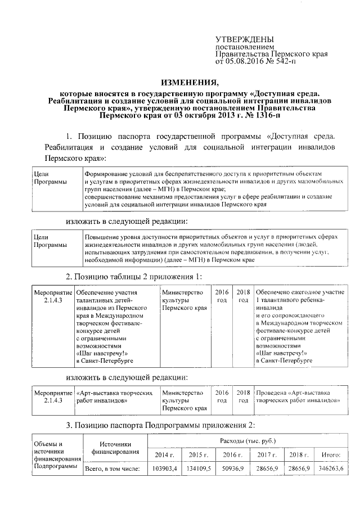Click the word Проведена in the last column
point(272,392)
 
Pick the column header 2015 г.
point(199,454)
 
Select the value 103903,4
point(165,469)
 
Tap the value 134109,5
point(199,469)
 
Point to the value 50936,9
point(232,469)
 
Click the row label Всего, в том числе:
point(111,469)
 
